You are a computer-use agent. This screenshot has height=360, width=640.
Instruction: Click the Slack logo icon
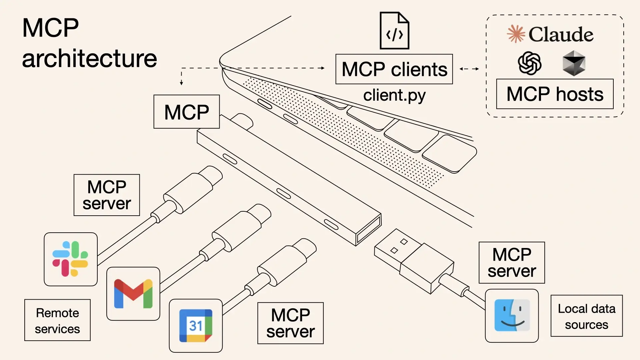point(70,259)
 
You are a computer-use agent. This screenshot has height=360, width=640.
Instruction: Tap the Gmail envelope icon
point(133,294)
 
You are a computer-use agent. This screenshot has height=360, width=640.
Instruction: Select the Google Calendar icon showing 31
point(196,326)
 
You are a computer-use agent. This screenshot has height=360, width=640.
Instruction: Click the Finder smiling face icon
point(512,315)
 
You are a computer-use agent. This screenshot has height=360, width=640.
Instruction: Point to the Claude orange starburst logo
point(516,34)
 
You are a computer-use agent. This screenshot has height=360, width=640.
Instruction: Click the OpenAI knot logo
point(529,63)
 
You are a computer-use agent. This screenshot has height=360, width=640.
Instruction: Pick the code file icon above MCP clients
point(394,31)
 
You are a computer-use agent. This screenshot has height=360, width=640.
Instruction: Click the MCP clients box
point(394,69)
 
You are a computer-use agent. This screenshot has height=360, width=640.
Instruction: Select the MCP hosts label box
point(555,94)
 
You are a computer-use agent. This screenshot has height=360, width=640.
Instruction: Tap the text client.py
point(394,95)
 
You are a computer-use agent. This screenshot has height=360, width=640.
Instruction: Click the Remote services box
point(57,320)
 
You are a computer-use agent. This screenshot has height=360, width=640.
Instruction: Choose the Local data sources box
point(586,316)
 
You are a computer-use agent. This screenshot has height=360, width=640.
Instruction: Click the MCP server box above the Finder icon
point(512,263)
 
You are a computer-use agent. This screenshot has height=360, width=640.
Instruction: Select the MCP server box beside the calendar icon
point(290,323)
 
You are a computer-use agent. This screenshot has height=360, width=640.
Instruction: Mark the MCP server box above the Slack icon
point(107,195)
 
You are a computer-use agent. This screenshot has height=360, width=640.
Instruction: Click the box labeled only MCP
point(186,112)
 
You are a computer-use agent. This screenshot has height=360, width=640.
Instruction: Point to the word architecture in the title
point(89,58)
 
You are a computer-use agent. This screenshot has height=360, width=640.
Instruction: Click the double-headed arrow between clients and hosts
point(469,69)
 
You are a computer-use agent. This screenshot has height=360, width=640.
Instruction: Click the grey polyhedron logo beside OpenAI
point(574,63)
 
